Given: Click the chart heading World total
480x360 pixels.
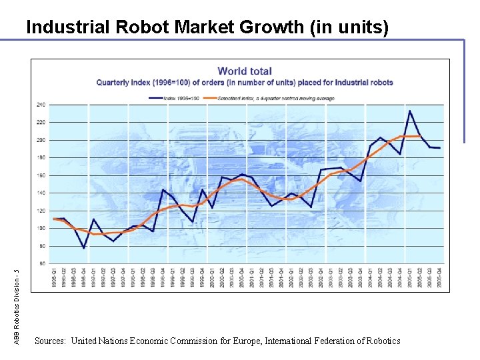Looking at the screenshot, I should click(245, 71).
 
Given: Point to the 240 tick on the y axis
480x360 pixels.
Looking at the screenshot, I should click(41, 105).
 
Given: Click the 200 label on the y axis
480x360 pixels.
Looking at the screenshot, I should click(41, 140).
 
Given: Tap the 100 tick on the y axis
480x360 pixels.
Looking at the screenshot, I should click(41, 228).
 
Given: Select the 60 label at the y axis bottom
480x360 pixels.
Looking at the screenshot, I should click(42, 263).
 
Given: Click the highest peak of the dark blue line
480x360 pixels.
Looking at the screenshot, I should click(410, 111).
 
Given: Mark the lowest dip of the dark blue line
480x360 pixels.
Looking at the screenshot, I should click(84, 248).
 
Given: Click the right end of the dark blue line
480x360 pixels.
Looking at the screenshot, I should click(440, 148).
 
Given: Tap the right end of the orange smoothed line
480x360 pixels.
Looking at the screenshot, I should click(420, 136).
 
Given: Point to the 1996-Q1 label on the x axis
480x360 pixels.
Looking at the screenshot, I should click(54, 279).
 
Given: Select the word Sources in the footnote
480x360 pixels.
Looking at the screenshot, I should click(49, 341).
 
